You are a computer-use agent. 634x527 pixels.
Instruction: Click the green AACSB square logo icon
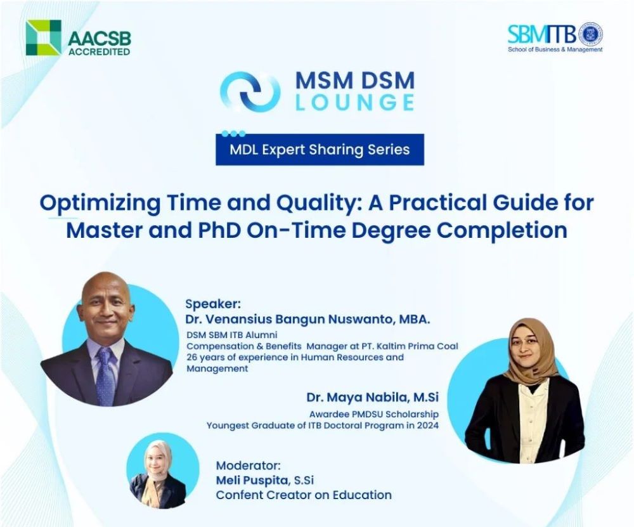click(44, 37)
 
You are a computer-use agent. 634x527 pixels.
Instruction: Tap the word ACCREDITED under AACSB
click(99, 51)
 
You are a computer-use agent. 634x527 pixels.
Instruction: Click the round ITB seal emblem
click(591, 34)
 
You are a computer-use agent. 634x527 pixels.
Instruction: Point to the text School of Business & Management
click(555, 49)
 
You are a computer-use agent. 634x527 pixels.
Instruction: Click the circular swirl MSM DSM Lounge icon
click(250, 92)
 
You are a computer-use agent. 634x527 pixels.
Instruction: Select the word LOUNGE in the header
click(354, 102)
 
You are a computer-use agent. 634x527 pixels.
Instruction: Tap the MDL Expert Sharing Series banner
click(320, 149)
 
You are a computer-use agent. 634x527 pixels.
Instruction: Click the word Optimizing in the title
click(100, 203)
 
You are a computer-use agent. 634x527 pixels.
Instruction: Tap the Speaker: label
click(212, 304)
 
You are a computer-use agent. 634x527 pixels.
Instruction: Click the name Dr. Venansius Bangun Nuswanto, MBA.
click(307, 319)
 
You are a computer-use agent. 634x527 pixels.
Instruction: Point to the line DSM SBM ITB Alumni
click(231, 335)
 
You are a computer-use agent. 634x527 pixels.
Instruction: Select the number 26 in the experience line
click(191, 358)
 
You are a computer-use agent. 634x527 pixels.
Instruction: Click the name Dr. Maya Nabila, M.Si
click(372, 397)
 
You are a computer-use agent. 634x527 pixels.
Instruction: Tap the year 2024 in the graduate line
click(428, 426)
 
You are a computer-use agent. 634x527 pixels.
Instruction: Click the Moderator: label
click(248, 465)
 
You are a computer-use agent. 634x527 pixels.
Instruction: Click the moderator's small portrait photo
click(162, 470)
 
